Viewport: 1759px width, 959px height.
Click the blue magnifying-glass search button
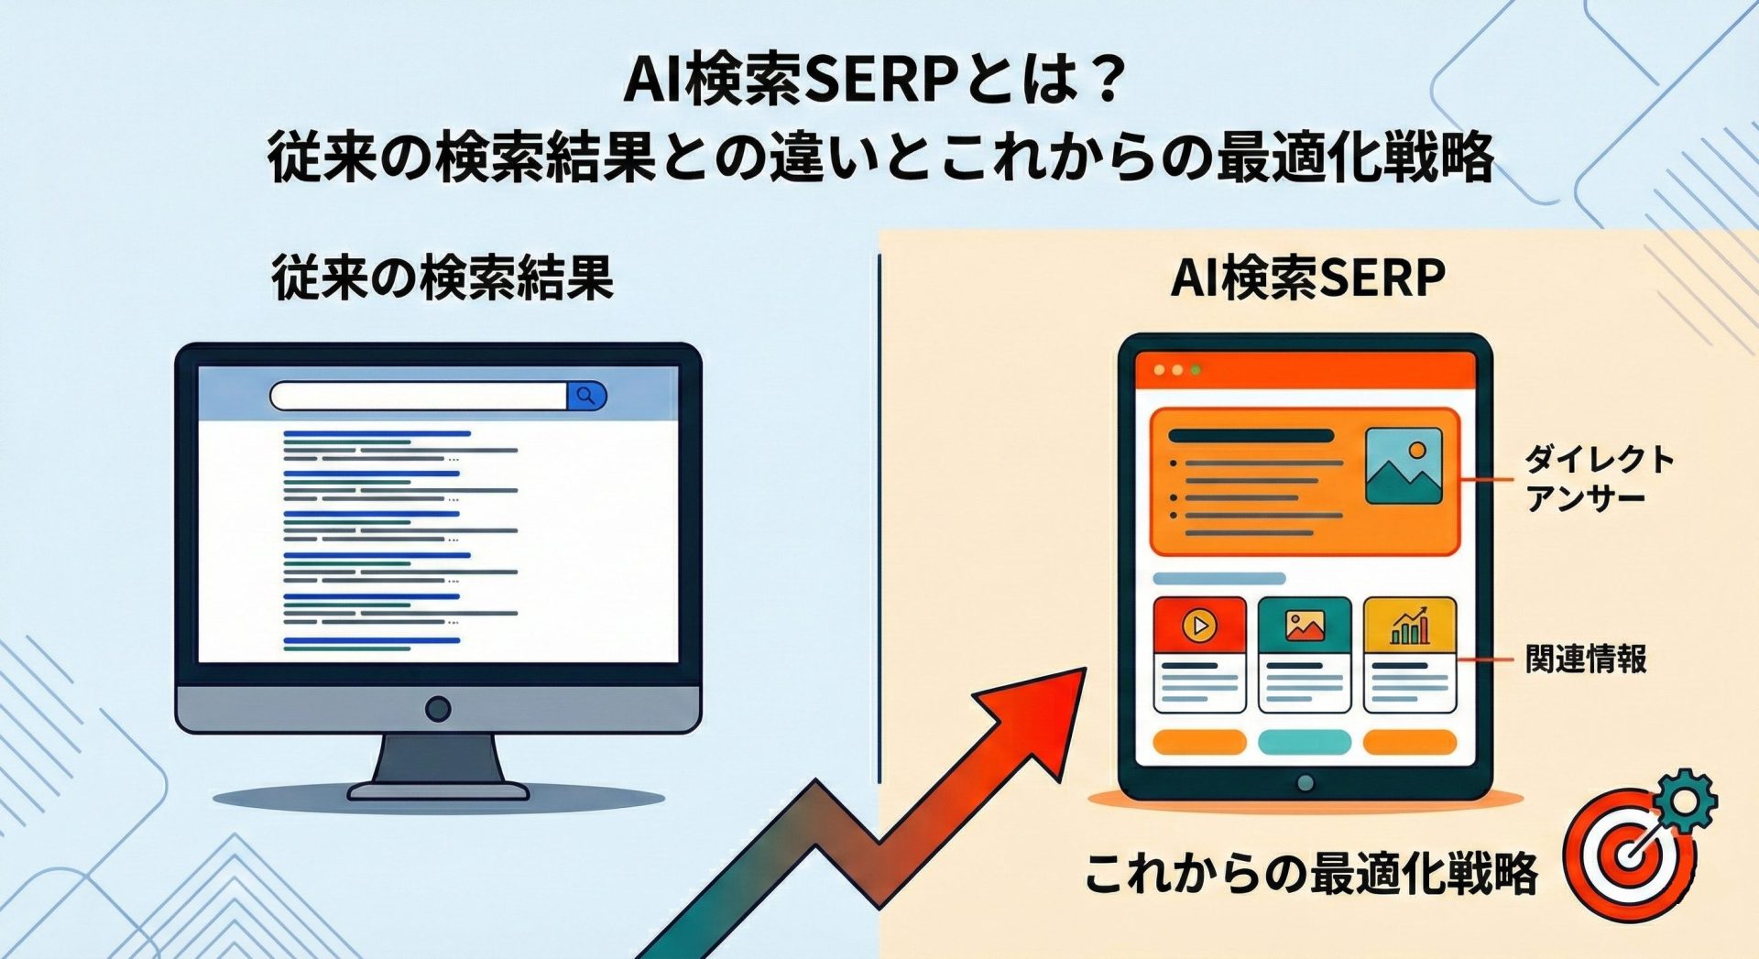click(x=587, y=396)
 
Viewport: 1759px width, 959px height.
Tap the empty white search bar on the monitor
click(x=419, y=396)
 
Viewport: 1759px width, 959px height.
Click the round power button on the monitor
click(x=438, y=708)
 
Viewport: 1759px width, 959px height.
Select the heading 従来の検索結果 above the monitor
click(x=442, y=278)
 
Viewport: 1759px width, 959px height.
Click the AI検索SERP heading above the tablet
click(x=1308, y=278)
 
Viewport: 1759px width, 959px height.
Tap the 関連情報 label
click(x=1586, y=659)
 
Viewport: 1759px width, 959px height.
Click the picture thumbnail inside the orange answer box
click(x=1404, y=465)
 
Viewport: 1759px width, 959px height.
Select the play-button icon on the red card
click(x=1199, y=626)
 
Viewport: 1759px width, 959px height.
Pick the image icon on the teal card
click(x=1305, y=626)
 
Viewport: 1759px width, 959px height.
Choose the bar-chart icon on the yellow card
click(x=1410, y=625)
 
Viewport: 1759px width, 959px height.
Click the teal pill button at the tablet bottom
click(x=1305, y=742)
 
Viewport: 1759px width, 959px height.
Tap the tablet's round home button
click(x=1306, y=783)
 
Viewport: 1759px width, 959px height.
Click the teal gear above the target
click(x=1683, y=801)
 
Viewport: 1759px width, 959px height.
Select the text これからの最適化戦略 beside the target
click(x=1310, y=874)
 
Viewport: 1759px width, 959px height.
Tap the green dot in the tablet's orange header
click(x=1195, y=370)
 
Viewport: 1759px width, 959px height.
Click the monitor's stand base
click(x=438, y=790)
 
